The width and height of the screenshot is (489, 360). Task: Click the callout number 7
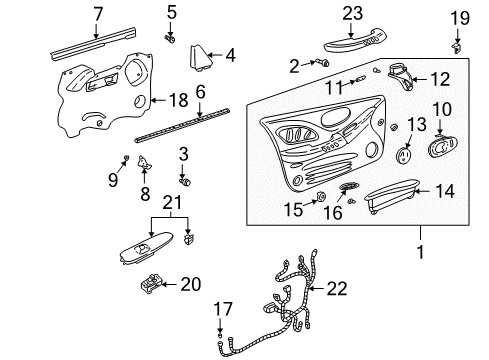98,13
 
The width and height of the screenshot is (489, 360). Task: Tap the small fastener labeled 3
183,181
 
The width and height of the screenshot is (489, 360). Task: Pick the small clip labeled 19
458,45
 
